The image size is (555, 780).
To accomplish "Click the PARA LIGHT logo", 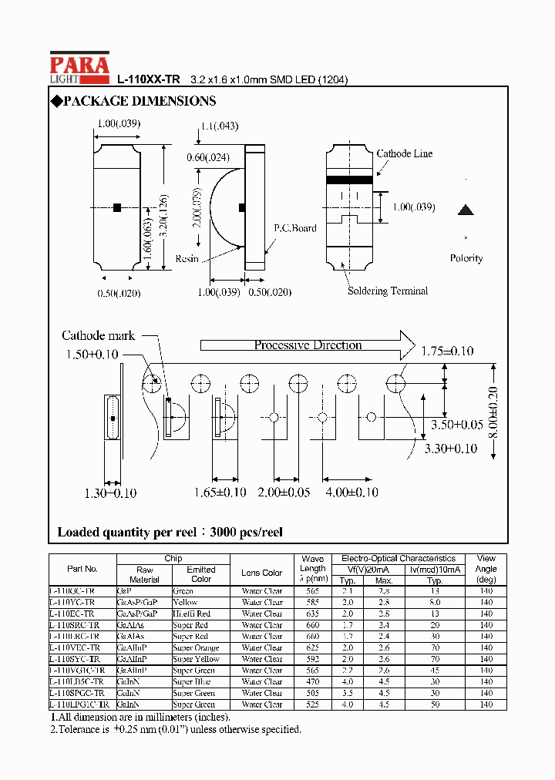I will [x=79, y=68].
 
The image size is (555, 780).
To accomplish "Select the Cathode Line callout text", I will [x=404, y=154].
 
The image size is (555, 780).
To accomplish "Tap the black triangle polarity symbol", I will [x=465, y=210].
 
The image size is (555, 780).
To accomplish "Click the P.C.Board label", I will [x=294, y=228].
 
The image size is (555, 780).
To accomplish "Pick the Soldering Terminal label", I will [x=387, y=291].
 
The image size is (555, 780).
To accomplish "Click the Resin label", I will [x=187, y=259].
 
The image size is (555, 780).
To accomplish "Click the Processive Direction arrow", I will [x=308, y=345].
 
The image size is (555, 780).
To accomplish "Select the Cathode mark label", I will [x=98, y=335].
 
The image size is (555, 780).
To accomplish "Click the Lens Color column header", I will [x=261, y=573].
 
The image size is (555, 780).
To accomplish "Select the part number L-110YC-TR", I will [x=72, y=602].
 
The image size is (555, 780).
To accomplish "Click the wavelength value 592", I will [x=312, y=659].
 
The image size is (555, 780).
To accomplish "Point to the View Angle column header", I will [x=486, y=569].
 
